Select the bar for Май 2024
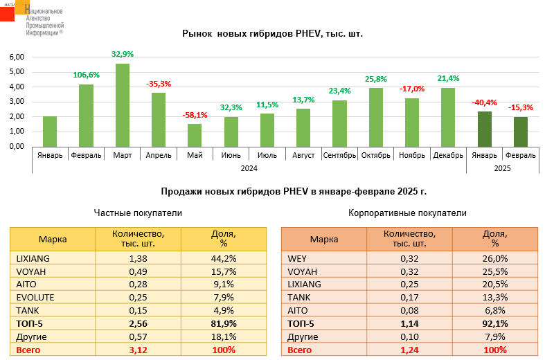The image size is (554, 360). pyautogui.click(x=195, y=135)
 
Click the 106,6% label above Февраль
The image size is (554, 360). pyautogui.click(x=87, y=75)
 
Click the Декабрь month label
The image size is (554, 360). pyautogui.click(x=448, y=155)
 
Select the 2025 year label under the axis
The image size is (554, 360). pyautogui.click(x=503, y=168)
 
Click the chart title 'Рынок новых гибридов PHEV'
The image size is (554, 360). pyautogui.click(x=272, y=33)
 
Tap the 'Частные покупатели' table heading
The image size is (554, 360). pyautogui.click(x=138, y=213)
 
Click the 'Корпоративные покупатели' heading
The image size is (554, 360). pyautogui.click(x=407, y=213)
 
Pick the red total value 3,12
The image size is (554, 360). pyautogui.click(x=138, y=350)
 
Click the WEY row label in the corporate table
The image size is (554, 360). pyautogui.click(x=297, y=258)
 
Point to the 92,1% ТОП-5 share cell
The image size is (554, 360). pyautogui.click(x=495, y=323)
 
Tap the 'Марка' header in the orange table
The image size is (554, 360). pyautogui.click(x=323, y=240)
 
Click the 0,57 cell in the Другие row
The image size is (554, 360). pyautogui.click(x=138, y=337)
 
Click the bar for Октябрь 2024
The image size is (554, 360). pyautogui.click(x=376, y=117)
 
